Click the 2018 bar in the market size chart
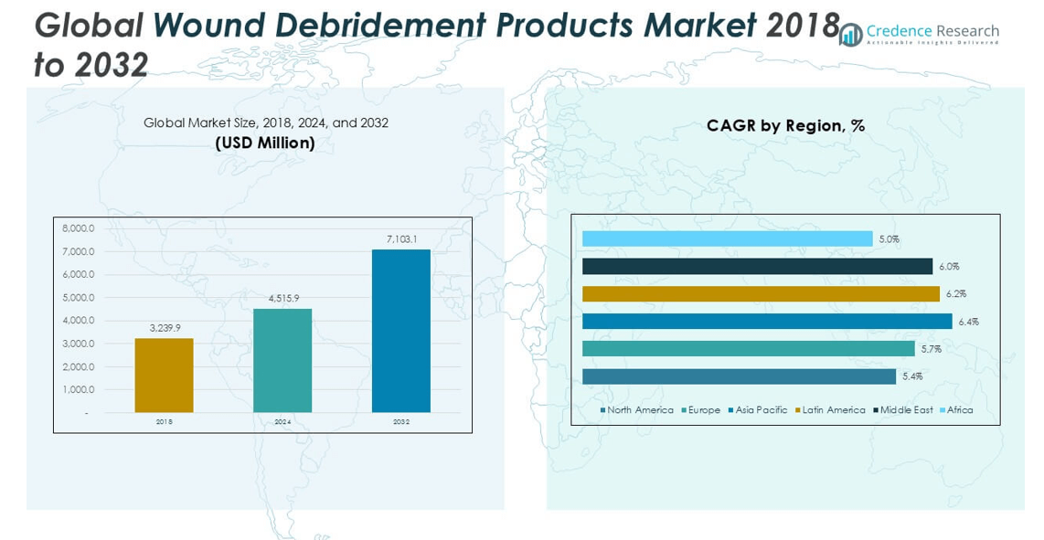click(x=164, y=376)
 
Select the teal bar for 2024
click(x=282, y=360)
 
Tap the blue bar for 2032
click(x=400, y=331)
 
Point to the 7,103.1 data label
click(x=401, y=239)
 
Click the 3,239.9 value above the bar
click(x=165, y=327)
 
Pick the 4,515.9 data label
click(x=282, y=298)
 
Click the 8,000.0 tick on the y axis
click(x=79, y=228)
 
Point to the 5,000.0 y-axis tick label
click(x=79, y=298)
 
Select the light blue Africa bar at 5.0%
click(x=727, y=238)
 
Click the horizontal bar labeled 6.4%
click(x=766, y=322)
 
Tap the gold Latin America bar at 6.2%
click(x=761, y=294)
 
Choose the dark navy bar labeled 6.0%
click(x=757, y=266)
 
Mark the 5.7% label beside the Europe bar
click(x=932, y=349)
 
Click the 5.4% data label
click(x=912, y=376)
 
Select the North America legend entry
click(x=637, y=410)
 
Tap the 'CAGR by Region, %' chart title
click(x=785, y=126)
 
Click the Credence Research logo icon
click(x=850, y=35)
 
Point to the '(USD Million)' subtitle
click(x=265, y=143)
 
